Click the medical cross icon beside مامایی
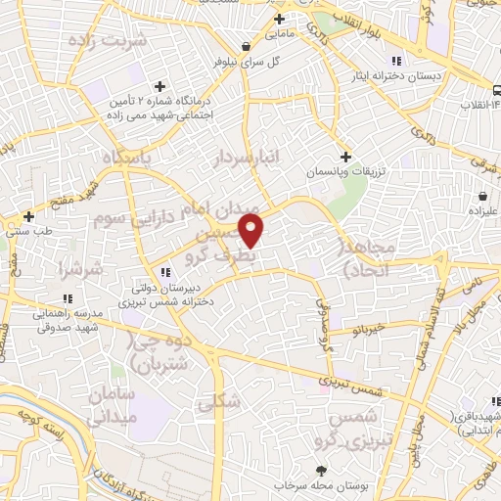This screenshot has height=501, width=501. tap(280, 20)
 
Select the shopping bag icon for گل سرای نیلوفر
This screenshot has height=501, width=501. tap(245, 46)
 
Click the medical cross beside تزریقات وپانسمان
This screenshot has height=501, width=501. tap(344, 157)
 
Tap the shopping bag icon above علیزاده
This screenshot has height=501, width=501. tap(483, 194)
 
